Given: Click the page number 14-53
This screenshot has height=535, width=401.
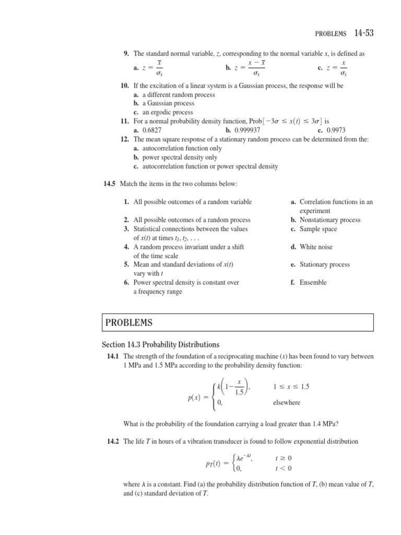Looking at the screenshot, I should point(363,33).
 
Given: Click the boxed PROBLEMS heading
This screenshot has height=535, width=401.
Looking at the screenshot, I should point(129,323).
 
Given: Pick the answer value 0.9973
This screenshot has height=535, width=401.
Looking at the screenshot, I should point(335,130).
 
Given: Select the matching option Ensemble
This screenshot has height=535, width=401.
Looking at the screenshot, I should point(313,282).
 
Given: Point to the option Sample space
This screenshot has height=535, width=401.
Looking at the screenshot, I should point(318,229).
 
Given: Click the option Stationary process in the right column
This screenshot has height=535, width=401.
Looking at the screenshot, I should point(324,264).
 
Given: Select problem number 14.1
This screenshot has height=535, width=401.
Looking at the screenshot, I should point(113,356).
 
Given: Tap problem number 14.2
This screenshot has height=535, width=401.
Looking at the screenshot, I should point(113,441).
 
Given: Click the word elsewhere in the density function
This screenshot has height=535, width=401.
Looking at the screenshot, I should point(287,403).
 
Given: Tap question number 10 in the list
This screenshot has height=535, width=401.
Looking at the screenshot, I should point(125,86).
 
